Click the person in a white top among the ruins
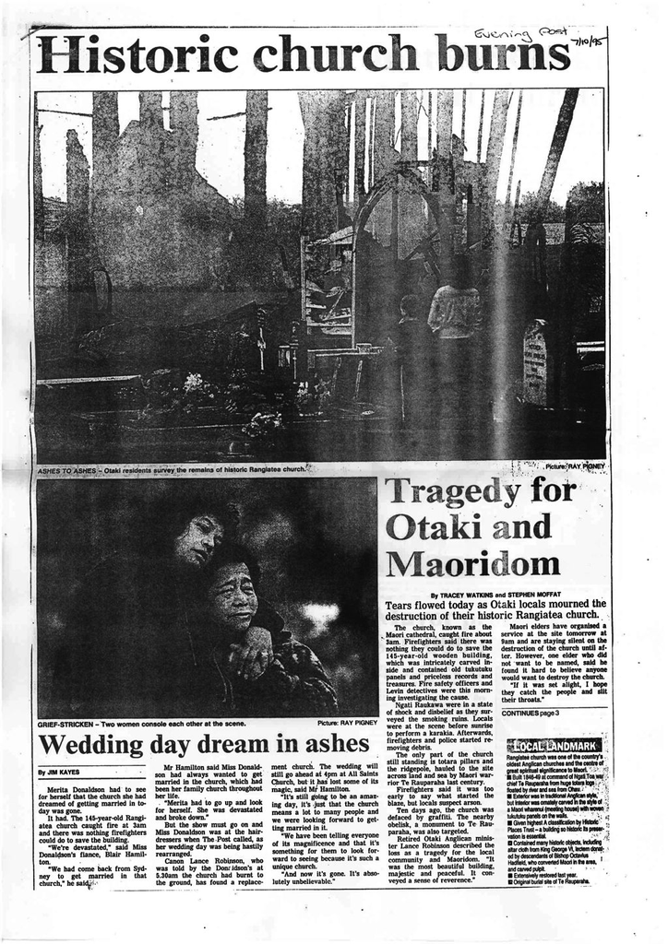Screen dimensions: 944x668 click(x=455, y=313)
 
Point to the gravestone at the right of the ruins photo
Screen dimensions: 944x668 click(x=535, y=350)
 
